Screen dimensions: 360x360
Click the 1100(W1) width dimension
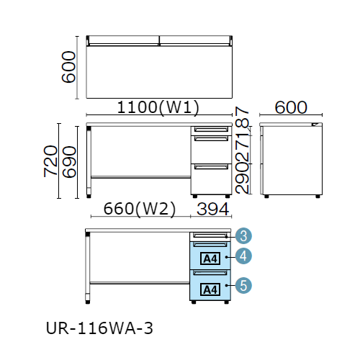pyautogui.click(x=158, y=107)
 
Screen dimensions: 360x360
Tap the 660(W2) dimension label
pyautogui.click(x=140, y=209)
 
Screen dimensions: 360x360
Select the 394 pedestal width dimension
pyautogui.click(x=212, y=209)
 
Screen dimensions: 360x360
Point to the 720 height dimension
pyautogui.click(x=50, y=161)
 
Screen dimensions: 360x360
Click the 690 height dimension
pyautogui.click(x=69, y=162)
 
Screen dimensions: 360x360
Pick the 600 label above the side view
pyautogui.click(x=291, y=107)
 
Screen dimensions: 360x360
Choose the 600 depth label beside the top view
pyautogui.click(x=68, y=67)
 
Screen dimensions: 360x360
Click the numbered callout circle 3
pyautogui.click(x=243, y=236)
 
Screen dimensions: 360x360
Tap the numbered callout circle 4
pyautogui.click(x=243, y=256)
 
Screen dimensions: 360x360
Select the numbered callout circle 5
pyautogui.click(x=243, y=285)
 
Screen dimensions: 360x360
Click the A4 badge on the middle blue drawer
pyautogui.click(x=210, y=258)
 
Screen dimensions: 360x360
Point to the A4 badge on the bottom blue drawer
pyautogui.click(x=210, y=289)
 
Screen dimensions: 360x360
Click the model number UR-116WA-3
pyautogui.click(x=99, y=328)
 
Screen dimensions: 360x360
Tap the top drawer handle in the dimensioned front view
pyautogui.click(x=211, y=130)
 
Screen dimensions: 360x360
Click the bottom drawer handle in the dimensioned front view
pyautogui.click(x=211, y=166)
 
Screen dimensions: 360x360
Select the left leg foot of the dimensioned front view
pyautogui.click(x=89, y=197)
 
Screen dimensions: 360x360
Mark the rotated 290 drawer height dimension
pyautogui.click(x=242, y=179)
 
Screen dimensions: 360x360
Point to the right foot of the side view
pyautogui.click(x=318, y=197)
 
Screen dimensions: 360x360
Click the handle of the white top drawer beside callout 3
pyautogui.click(x=210, y=235)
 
